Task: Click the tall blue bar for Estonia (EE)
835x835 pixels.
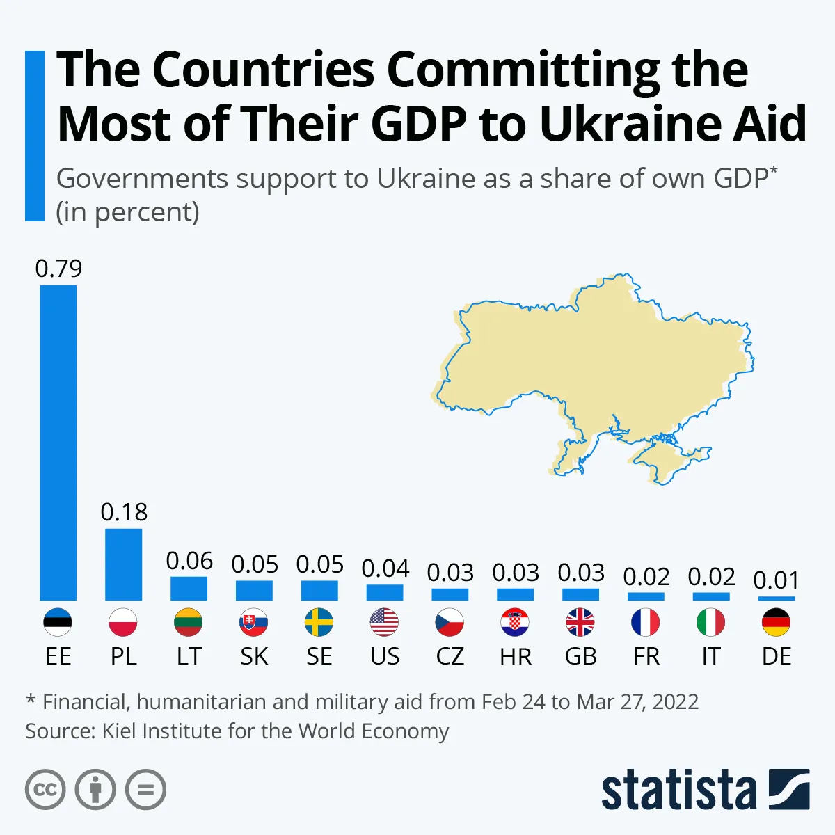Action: [58, 443]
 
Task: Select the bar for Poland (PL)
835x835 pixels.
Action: [124, 564]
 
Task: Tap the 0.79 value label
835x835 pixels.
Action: [58, 269]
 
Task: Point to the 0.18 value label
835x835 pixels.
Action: [124, 512]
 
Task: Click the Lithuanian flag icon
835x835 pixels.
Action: [189, 622]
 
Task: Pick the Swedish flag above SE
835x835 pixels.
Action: [319, 622]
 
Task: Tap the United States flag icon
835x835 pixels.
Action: [384, 622]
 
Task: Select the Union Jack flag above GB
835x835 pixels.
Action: [580, 622]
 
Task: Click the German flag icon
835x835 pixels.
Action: [776, 622]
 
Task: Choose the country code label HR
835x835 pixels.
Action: [515, 656]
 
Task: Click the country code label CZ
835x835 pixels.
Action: [450, 656]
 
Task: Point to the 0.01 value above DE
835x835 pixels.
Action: [776, 580]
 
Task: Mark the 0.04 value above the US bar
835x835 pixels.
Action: [385, 568]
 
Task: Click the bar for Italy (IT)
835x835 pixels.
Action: [710, 596]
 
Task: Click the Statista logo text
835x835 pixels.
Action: [678, 790]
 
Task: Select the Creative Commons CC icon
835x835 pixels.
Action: [45, 790]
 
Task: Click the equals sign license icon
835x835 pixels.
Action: [146, 790]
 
